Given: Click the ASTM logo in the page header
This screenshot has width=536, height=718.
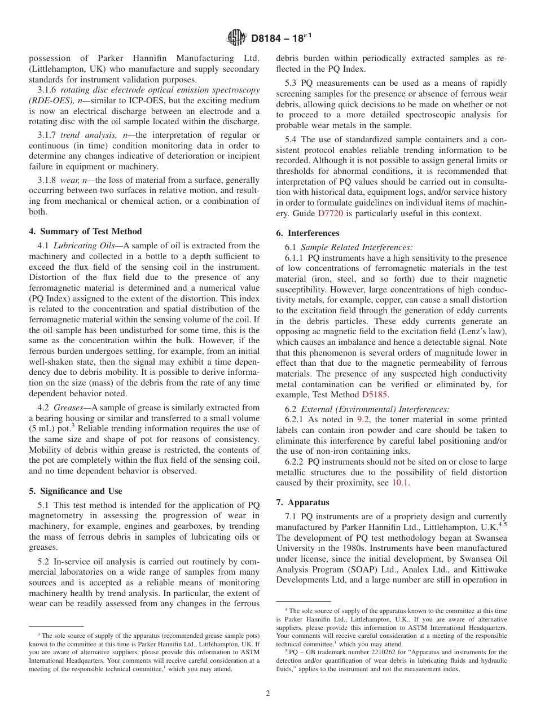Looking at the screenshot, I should [x=236, y=38].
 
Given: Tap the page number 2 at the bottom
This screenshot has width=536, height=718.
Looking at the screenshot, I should [x=268, y=694].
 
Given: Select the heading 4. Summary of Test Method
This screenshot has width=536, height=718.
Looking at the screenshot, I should [x=85, y=231].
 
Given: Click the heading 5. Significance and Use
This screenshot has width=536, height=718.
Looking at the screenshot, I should [x=76, y=491].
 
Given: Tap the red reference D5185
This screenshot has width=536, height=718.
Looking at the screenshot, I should [x=374, y=395].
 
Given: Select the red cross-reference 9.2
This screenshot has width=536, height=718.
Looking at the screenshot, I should [x=363, y=419].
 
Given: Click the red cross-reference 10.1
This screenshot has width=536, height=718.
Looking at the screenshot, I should [x=401, y=483].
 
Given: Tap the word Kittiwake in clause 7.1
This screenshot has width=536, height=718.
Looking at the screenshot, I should [x=487, y=570].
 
